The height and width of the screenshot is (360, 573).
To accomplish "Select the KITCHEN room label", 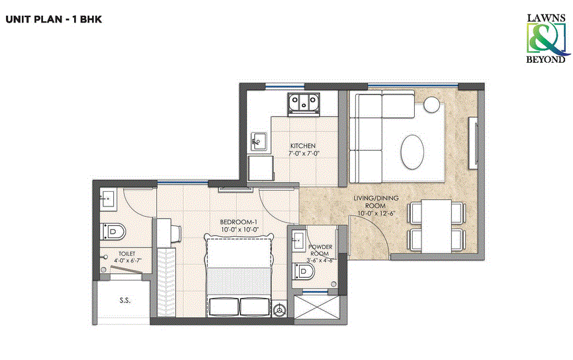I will pos(303,146).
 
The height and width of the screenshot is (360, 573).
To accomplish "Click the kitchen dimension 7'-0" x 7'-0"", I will pos(303,154).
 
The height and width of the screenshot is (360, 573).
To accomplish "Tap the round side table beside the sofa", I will pos(432,104).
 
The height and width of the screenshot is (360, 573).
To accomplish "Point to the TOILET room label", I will pos(126,253).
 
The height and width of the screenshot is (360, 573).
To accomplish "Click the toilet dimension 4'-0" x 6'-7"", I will pos(126,261).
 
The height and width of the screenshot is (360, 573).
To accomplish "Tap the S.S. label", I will pos(125,300).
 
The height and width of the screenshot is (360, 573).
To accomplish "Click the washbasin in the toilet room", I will pos(107,197).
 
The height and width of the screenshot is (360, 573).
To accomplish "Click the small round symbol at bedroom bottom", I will pos(281,309).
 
